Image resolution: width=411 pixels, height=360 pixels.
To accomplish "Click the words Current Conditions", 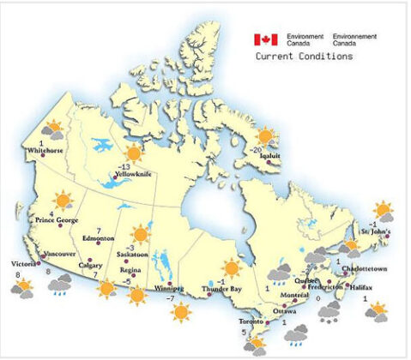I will pyautogui.click(x=304, y=57).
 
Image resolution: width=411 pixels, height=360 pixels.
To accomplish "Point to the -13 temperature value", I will pyautogui.click(x=125, y=165).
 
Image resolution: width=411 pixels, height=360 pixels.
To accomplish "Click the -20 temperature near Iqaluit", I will pyautogui.click(x=256, y=148).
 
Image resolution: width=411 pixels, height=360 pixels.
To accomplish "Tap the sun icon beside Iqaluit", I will pyautogui.click(x=267, y=135).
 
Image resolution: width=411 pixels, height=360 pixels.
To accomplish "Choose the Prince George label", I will pyautogui.click(x=57, y=220).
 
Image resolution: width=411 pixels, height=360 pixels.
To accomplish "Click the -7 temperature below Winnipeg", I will pyautogui.click(x=169, y=298).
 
